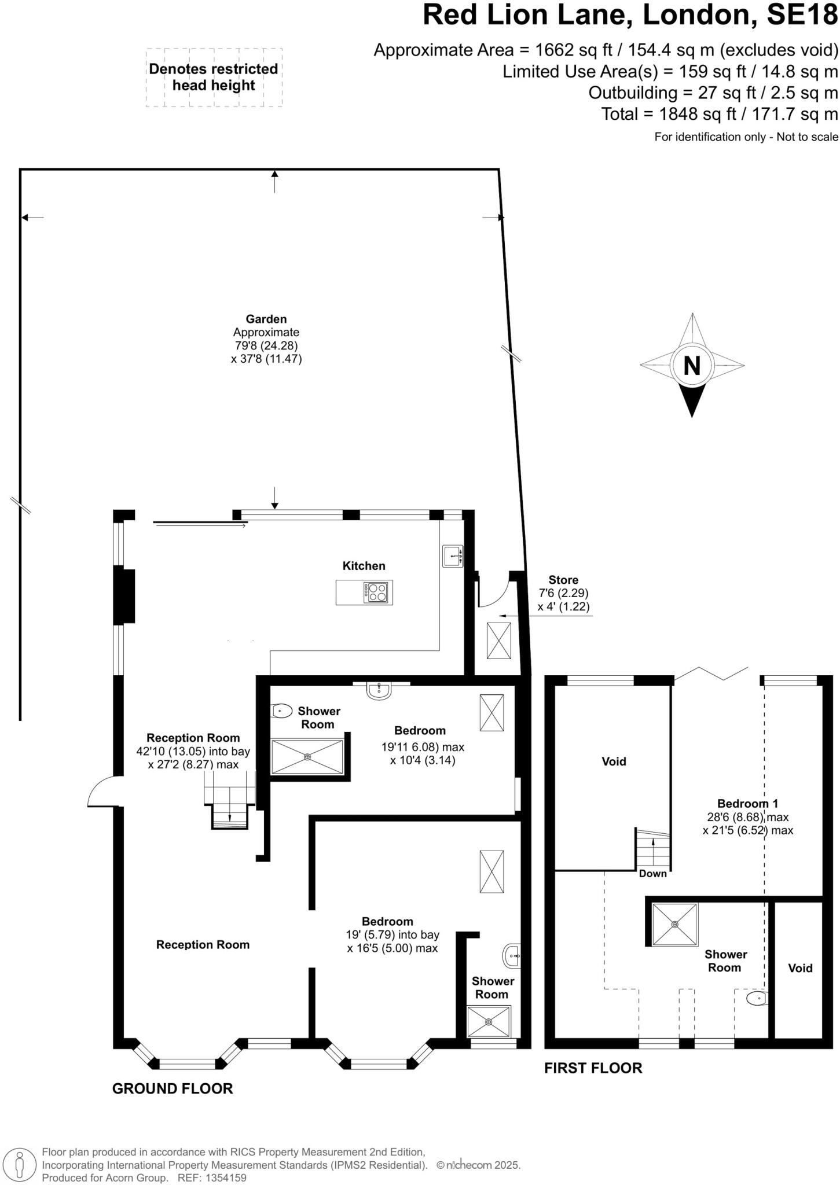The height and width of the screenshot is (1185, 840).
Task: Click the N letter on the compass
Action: [692, 366]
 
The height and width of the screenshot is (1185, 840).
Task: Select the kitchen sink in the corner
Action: [453, 556]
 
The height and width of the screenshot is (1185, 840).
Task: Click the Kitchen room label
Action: [364, 566]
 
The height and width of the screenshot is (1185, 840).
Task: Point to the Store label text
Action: [563, 580]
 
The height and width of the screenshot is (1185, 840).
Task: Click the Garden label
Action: [266, 319]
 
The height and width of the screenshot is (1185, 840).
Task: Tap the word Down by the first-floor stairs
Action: [652, 874]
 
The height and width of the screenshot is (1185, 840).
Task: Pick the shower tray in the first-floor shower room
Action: [675, 925]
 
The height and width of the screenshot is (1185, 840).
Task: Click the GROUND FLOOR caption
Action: [173, 1089]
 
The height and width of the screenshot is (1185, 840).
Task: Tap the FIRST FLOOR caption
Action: [593, 1068]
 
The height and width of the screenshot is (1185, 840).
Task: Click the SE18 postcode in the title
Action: [802, 15]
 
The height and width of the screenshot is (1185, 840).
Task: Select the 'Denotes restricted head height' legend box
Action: [214, 78]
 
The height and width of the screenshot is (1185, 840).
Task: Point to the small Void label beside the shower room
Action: [800, 968]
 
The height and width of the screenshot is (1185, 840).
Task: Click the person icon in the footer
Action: [20, 1165]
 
